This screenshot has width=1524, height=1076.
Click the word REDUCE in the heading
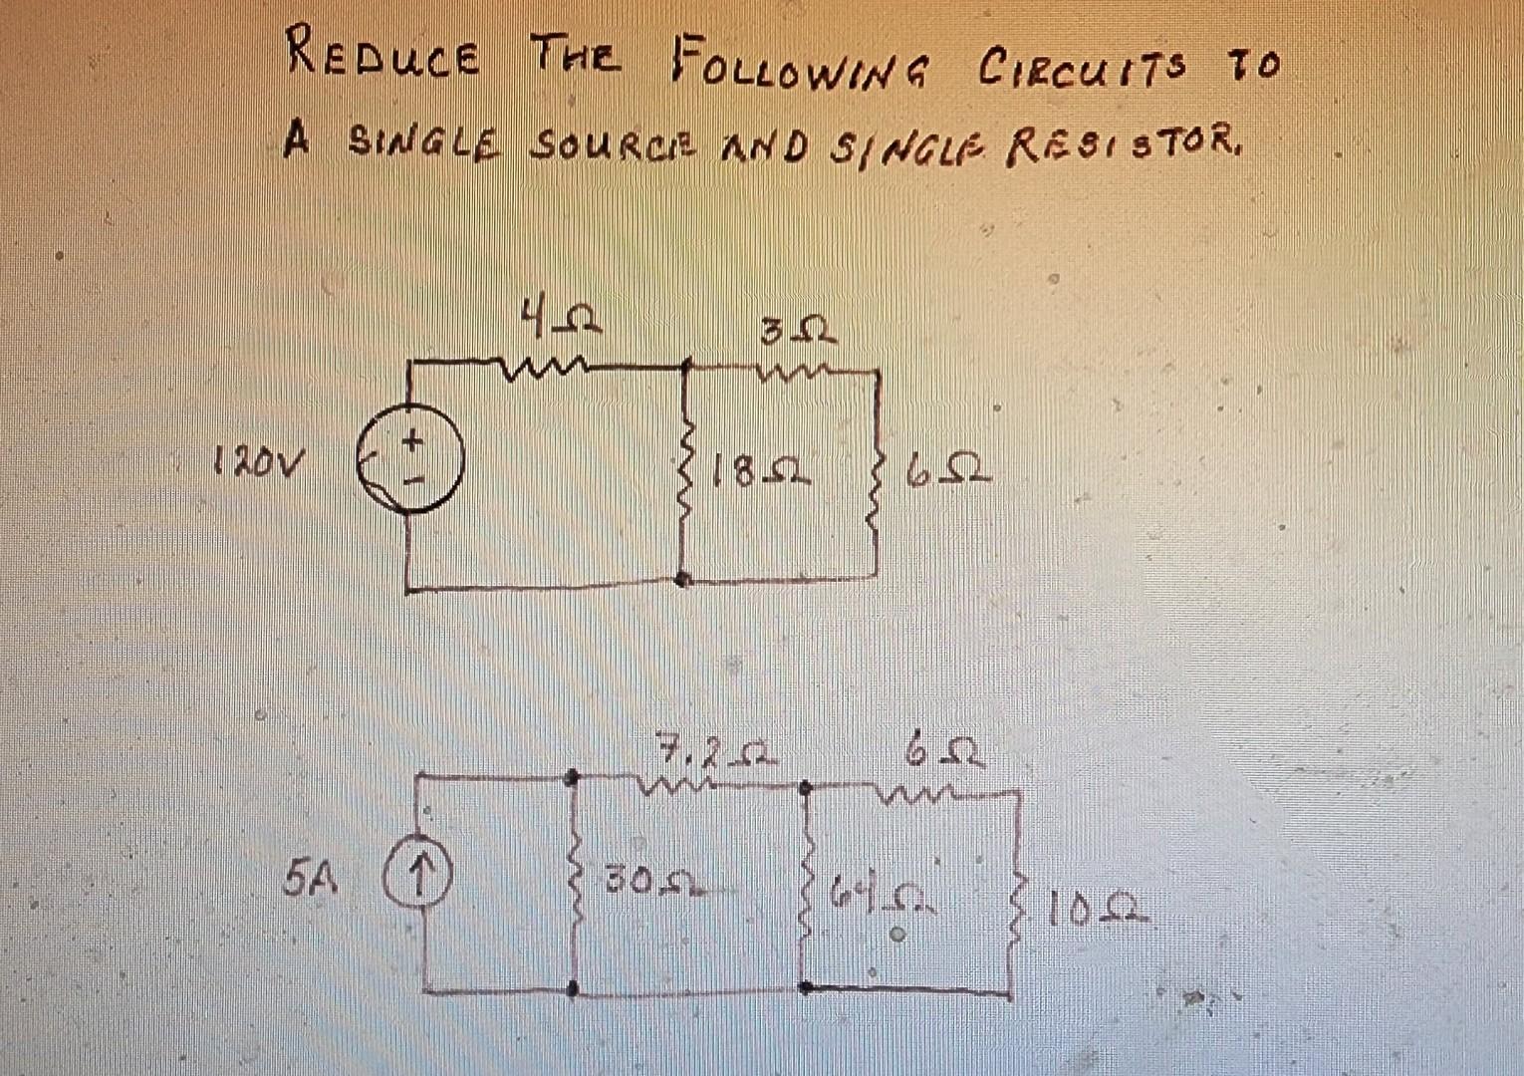[x=381, y=55]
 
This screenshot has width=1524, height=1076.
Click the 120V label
[x=257, y=461]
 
